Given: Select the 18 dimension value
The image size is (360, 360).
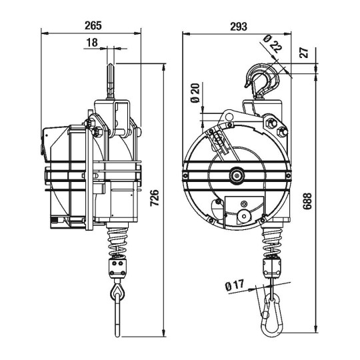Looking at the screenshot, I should click(92, 42).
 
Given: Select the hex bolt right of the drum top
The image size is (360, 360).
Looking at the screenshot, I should click(271, 123).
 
